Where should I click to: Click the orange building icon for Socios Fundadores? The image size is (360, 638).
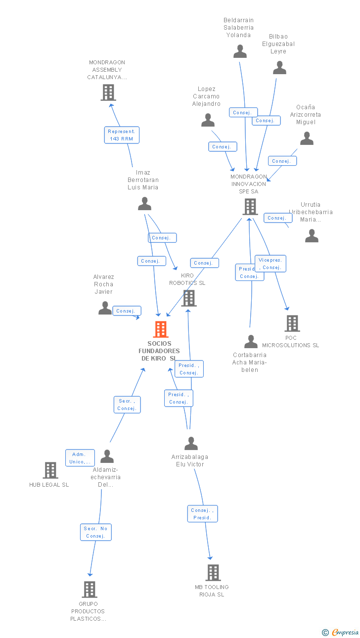(x=161, y=329)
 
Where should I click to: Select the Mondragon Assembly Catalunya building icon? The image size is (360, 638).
(x=108, y=92)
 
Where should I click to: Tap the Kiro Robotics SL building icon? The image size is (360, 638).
(x=188, y=298)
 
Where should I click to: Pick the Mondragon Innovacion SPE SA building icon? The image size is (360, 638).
(x=250, y=207)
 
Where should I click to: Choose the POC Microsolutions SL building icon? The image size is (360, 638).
(x=292, y=323)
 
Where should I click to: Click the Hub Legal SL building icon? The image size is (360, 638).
(x=50, y=470)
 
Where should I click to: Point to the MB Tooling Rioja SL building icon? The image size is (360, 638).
(x=213, y=573)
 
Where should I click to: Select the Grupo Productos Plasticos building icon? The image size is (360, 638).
(x=90, y=590)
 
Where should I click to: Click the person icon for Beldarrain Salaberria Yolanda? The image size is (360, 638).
(x=240, y=51)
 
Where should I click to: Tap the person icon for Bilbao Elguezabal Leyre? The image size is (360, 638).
(x=280, y=68)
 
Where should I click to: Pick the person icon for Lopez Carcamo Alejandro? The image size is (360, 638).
(x=208, y=120)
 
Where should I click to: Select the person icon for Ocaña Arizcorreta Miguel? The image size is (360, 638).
(x=307, y=138)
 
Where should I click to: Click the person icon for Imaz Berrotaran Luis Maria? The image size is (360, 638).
(x=144, y=204)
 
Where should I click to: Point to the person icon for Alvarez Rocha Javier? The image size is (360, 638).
(x=105, y=308)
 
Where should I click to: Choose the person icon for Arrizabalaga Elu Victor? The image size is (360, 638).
(x=191, y=444)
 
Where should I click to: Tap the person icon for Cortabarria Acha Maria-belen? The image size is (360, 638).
(x=251, y=342)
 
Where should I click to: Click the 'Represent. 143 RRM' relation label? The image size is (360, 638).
(x=122, y=135)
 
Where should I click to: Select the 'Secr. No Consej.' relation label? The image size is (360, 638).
(x=96, y=532)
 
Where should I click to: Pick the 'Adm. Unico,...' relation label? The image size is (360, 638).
(x=80, y=458)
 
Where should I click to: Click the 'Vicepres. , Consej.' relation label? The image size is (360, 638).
(x=270, y=264)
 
